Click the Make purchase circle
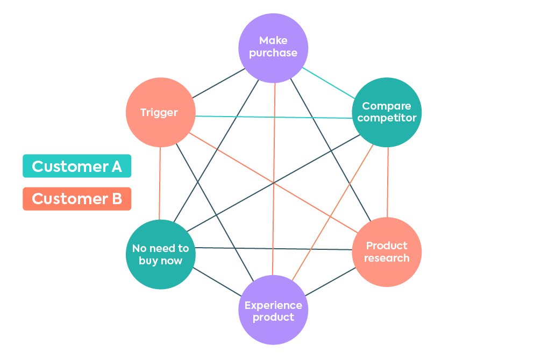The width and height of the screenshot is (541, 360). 273,48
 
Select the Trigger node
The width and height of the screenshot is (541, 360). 160,112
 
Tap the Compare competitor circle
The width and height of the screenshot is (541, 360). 387,112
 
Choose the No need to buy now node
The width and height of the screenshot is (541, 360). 160,255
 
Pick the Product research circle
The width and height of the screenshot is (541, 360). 387,252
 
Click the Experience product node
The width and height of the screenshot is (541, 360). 273,310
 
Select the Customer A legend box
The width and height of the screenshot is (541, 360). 77,166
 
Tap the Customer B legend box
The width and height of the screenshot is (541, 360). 77,199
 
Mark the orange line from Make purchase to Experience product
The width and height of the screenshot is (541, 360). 274,177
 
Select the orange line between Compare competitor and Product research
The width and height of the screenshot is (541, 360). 387,183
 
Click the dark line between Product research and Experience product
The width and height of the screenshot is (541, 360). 330,280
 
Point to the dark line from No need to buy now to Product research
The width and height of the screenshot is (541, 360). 273,249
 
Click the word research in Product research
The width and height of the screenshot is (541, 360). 387,258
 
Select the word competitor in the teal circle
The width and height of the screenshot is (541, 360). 387,118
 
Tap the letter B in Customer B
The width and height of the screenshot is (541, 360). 116,199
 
